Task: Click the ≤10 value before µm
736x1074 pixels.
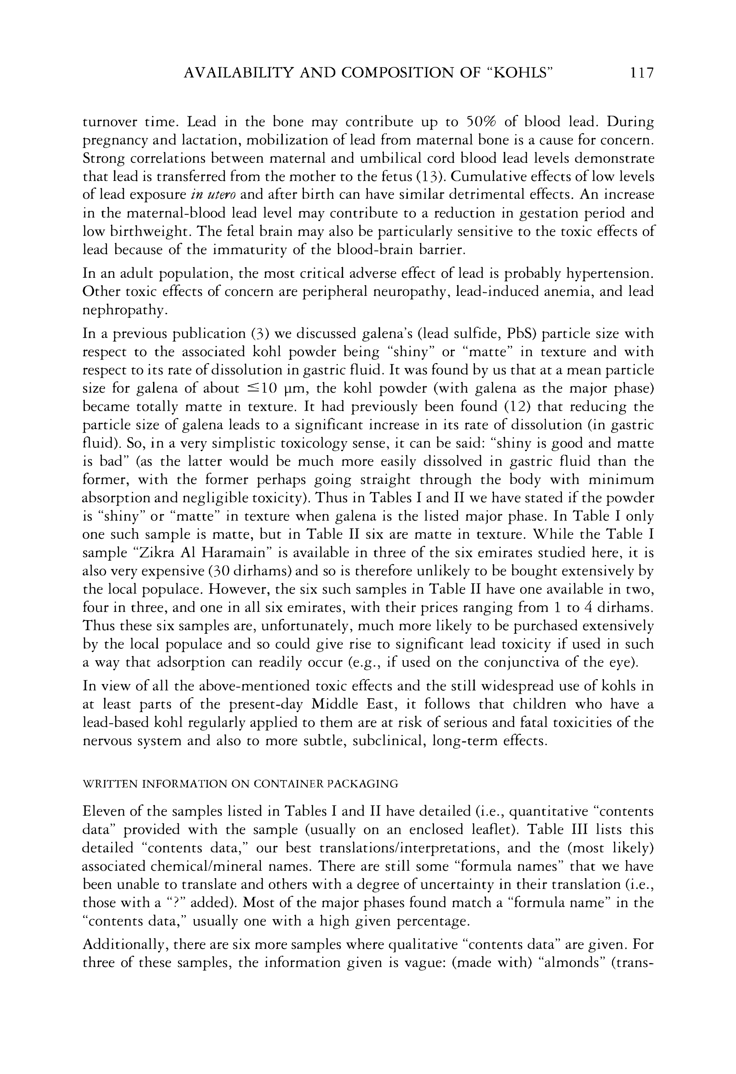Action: coord(265,389)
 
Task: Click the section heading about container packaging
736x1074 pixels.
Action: coord(240,784)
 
